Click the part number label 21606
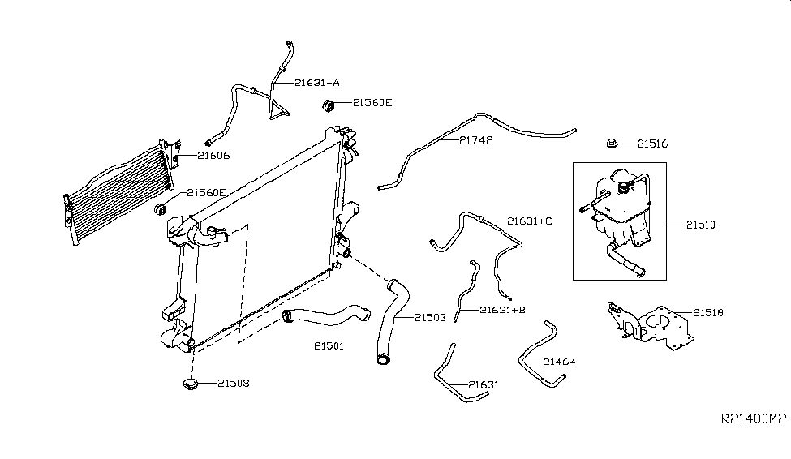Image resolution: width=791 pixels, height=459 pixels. tap(213, 156)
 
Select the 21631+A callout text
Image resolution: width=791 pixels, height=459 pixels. tap(317, 82)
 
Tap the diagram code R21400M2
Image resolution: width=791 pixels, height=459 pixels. tap(754, 418)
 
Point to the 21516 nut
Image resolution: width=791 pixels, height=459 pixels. tap(612, 144)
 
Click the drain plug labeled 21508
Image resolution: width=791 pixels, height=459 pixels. tap(191, 384)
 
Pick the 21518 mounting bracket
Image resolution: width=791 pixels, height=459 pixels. tap(650, 326)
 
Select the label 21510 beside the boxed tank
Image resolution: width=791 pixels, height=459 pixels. tap(701, 225)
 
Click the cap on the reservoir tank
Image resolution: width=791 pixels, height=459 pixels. tap(625, 187)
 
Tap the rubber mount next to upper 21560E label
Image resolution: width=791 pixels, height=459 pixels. tap(329, 106)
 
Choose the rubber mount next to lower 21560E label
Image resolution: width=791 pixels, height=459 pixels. tap(161, 208)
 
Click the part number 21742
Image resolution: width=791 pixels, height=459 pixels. tap(475, 140)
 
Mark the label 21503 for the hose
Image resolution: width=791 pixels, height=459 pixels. tap(430, 317)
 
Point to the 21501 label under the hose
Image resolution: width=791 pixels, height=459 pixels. tap(329, 346)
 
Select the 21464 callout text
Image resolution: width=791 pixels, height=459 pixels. tap(559, 362)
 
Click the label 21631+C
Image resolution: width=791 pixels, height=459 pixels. tap(530, 221)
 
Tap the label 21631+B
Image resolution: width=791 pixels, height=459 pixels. tap(502, 310)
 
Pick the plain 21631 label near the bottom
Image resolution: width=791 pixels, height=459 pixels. tap(484, 385)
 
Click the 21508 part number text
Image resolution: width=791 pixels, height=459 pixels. tap(234, 384)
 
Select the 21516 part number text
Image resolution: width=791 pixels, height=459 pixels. tap(653, 144)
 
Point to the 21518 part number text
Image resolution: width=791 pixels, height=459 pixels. tap(708, 313)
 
